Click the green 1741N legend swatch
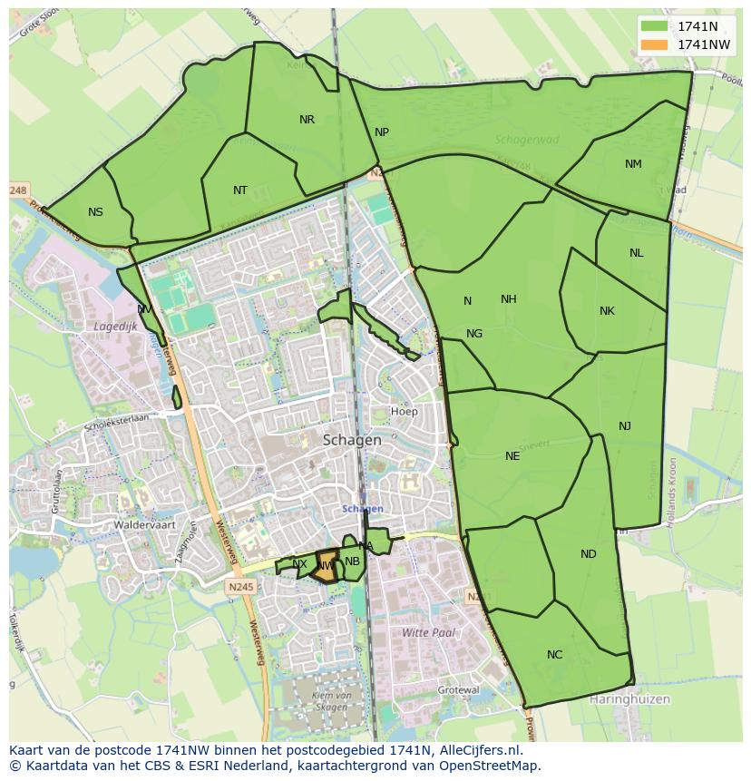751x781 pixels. click(x=653, y=25)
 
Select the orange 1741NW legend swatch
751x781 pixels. click(x=653, y=44)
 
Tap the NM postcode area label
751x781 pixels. click(x=633, y=164)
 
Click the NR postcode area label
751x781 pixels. click(x=307, y=120)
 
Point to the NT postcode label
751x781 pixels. click(x=239, y=190)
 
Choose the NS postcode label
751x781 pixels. click(x=95, y=212)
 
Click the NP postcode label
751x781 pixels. click(x=382, y=132)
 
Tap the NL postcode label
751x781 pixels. click(x=636, y=253)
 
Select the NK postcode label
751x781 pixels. click(x=607, y=311)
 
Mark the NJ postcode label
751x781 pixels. click(x=625, y=426)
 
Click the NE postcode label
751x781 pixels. click(x=512, y=456)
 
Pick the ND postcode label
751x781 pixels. click(x=589, y=554)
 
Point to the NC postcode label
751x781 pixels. click(x=554, y=655)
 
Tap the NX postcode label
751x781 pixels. click(x=299, y=564)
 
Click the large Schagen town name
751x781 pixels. click(x=352, y=440)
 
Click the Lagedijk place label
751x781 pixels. click(x=114, y=326)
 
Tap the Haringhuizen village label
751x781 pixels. click(x=629, y=699)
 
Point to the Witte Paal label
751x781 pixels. click(x=428, y=632)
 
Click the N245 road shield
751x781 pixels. click(x=242, y=587)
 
